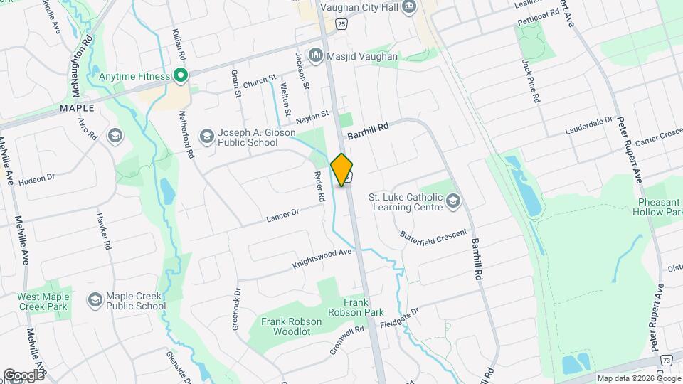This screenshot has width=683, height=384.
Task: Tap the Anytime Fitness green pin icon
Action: [181, 75]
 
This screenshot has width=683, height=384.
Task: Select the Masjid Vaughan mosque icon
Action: [315, 55]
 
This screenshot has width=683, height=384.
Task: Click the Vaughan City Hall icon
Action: [409, 7]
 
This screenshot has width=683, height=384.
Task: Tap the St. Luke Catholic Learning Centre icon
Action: [452, 201]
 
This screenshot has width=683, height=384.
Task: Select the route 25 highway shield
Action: [342, 25]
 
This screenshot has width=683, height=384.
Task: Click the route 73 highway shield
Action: [666, 361]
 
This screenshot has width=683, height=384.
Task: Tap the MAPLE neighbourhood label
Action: [77, 108]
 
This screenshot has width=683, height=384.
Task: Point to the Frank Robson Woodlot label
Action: [291, 326]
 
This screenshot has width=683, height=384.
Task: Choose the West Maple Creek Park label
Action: [47, 301]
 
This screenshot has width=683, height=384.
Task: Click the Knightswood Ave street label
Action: [322, 259]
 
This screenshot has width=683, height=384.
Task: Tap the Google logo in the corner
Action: [23, 375]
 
